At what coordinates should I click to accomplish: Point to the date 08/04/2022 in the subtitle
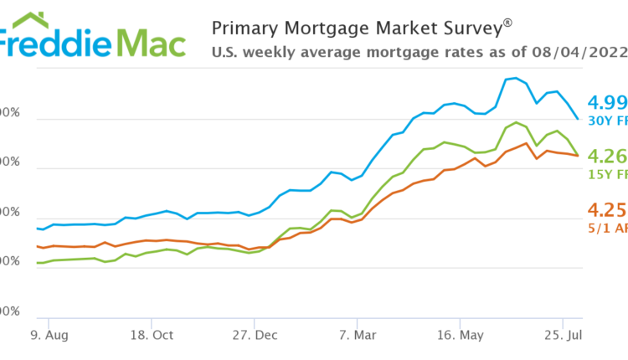click(579, 51)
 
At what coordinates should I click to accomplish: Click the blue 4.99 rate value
click(608, 103)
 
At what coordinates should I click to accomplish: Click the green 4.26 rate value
click(608, 157)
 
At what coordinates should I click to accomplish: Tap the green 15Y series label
click(610, 174)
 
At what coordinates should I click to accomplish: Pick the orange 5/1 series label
click(610, 227)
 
